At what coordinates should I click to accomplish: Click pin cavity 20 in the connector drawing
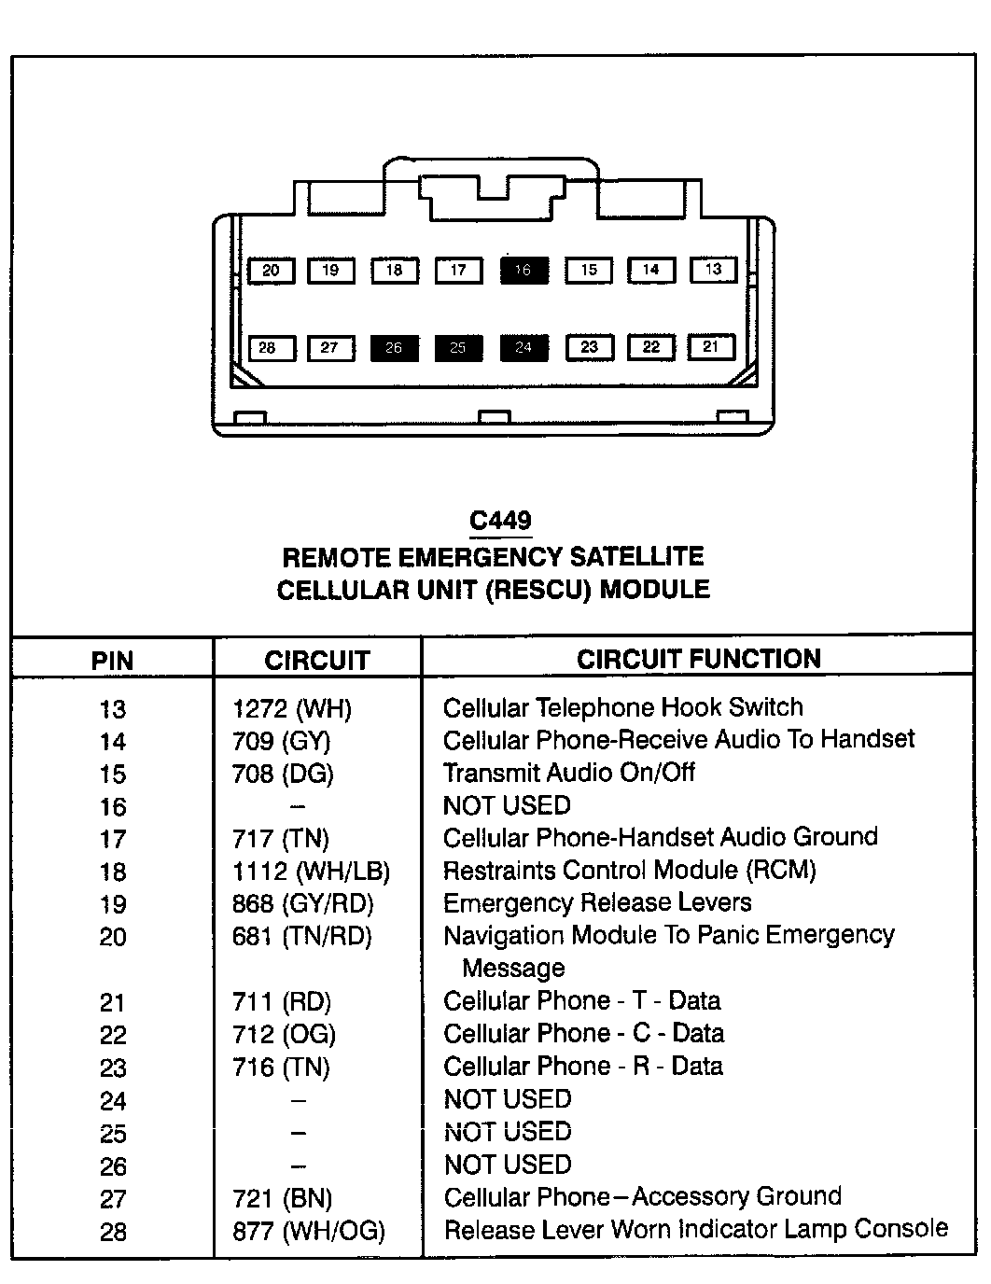(x=271, y=271)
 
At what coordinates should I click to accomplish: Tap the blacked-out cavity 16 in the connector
(x=523, y=271)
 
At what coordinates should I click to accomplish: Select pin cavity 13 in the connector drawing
(x=714, y=270)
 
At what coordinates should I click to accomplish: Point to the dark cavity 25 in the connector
(x=458, y=348)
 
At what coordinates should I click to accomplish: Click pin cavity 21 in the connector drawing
(x=711, y=347)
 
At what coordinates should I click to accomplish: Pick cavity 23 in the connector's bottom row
(x=589, y=348)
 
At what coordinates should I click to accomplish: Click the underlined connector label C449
(x=501, y=521)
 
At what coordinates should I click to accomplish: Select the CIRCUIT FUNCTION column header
(x=698, y=659)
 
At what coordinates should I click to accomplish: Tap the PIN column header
(x=113, y=661)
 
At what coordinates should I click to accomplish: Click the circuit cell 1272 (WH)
(x=292, y=709)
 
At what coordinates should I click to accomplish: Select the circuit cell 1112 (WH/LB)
(x=311, y=872)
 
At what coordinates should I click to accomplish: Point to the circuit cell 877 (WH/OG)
(x=308, y=1232)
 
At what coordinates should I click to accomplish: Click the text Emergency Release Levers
(x=597, y=903)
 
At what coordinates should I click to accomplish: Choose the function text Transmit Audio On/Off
(x=569, y=773)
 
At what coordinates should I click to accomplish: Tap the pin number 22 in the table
(x=113, y=1036)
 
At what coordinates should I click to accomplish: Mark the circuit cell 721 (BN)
(x=282, y=1199)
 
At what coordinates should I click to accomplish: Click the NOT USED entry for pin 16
(x=507, y=805)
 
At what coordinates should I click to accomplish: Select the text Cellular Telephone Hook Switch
(x=622, y=708)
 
